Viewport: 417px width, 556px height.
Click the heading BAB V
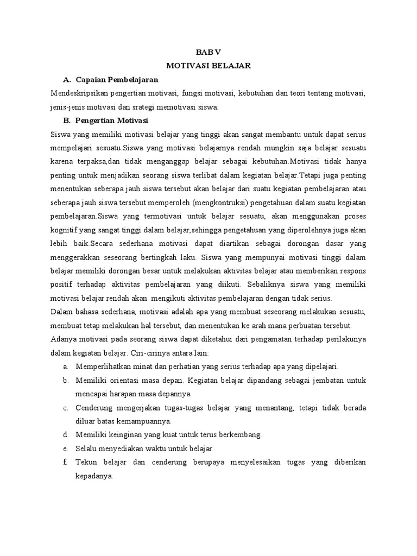click(208, 52)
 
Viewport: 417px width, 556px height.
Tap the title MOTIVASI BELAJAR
click(208, 66)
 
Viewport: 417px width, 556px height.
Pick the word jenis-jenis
click(66, 107)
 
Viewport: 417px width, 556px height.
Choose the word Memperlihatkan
click(105, 367)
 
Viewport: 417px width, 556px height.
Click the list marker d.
click(65, 434)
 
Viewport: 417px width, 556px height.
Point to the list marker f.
click(65, 462)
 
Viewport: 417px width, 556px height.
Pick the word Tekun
click(86, 462)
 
